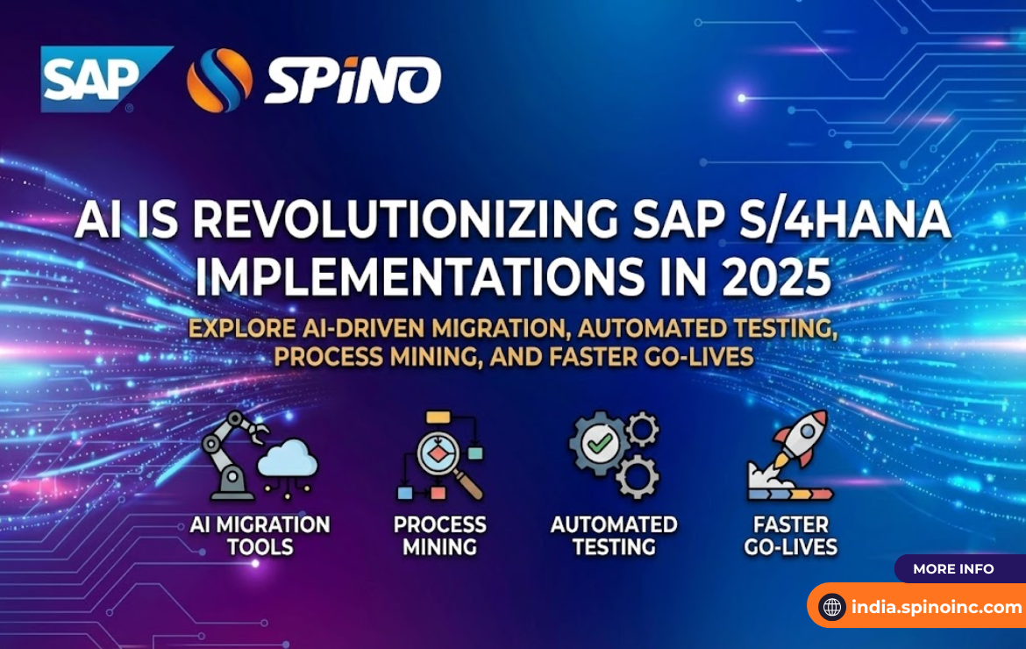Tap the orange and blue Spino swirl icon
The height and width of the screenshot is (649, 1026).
(219, 81)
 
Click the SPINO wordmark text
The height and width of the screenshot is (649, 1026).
(353, 82)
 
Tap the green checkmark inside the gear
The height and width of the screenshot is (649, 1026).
(600, 445)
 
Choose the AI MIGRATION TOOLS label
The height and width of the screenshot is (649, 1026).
(260, 536)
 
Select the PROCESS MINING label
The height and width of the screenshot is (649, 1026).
(439, 536)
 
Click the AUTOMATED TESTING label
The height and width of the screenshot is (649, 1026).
(614, 536)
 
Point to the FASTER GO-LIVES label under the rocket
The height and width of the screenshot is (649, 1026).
(791, 536)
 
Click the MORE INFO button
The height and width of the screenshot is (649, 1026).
(953, 569)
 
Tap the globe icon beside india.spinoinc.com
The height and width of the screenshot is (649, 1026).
(831, 607)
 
